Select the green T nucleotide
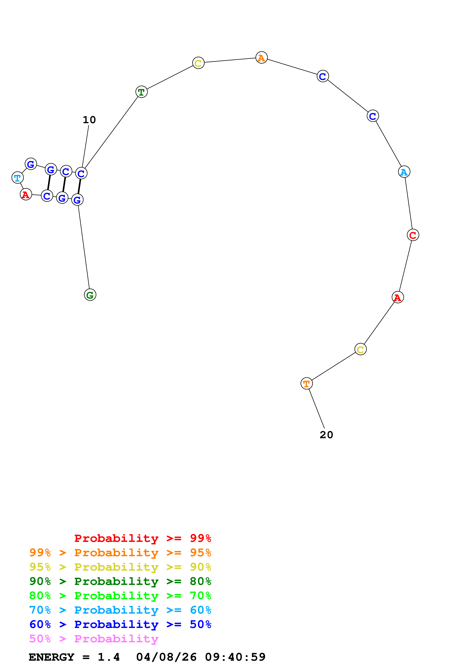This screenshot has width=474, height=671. [x=141, y=92]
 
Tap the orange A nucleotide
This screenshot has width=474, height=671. [x=261, y=58]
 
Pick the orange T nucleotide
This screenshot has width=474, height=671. [x=306, y=384]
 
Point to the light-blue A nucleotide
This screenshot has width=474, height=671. [x=404, y=172]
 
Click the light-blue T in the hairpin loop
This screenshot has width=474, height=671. [x=18, y=178]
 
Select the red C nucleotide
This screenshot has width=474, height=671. [x=413, y=235]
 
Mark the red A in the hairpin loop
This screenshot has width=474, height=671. [x=26, y=194]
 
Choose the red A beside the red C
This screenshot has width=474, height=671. [x=398, y=297]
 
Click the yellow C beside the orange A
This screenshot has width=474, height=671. [x=198, y=63]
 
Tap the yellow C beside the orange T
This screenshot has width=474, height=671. [x=360, y=349]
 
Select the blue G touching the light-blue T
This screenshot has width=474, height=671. [x=31, y=164]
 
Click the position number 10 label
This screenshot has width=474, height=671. [x=89, y=120]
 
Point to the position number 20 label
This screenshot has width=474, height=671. [x=326, y=435]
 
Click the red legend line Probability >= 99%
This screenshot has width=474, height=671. [x=142, y=538]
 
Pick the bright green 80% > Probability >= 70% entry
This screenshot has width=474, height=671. [x=120, y=596]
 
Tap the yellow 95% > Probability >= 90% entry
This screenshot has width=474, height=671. [x=120, y=567]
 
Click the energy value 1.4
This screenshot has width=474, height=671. [x=109, y=657]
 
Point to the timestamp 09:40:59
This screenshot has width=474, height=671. [x=235, y=657]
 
